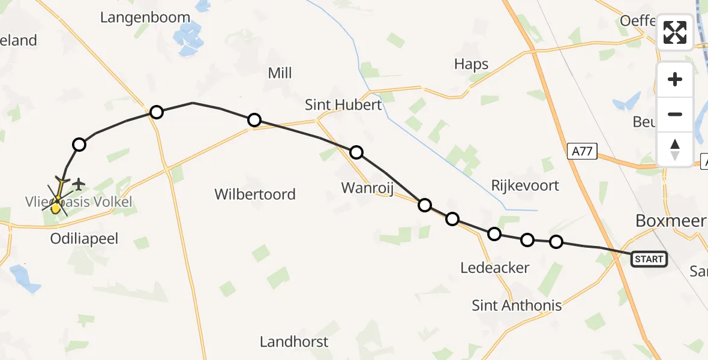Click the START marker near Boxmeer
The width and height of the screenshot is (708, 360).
pos(649,259)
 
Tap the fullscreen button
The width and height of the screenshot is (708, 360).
pos(675,32)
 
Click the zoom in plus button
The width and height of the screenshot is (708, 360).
pos(675,79)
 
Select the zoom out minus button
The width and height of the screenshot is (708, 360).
pos(675,114)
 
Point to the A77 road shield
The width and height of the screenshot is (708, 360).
pos(582,152)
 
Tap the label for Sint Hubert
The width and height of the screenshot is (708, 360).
pos(343,105)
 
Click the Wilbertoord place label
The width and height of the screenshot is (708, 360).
pos(255,194)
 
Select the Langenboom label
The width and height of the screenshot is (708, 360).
pos(145,17)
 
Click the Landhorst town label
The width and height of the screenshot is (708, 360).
pos(294,342)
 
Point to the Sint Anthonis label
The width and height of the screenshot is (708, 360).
pos(517,305)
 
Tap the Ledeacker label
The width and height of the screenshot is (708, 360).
pos(494,268)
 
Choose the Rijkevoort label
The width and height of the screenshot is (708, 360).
pos(525,185)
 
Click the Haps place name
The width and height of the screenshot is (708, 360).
pos(471,64)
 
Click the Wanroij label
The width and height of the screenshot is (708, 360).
pos(367,188)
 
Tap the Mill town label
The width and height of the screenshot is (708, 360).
pos(280,73)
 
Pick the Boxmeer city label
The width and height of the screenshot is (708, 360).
pos(670,221)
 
